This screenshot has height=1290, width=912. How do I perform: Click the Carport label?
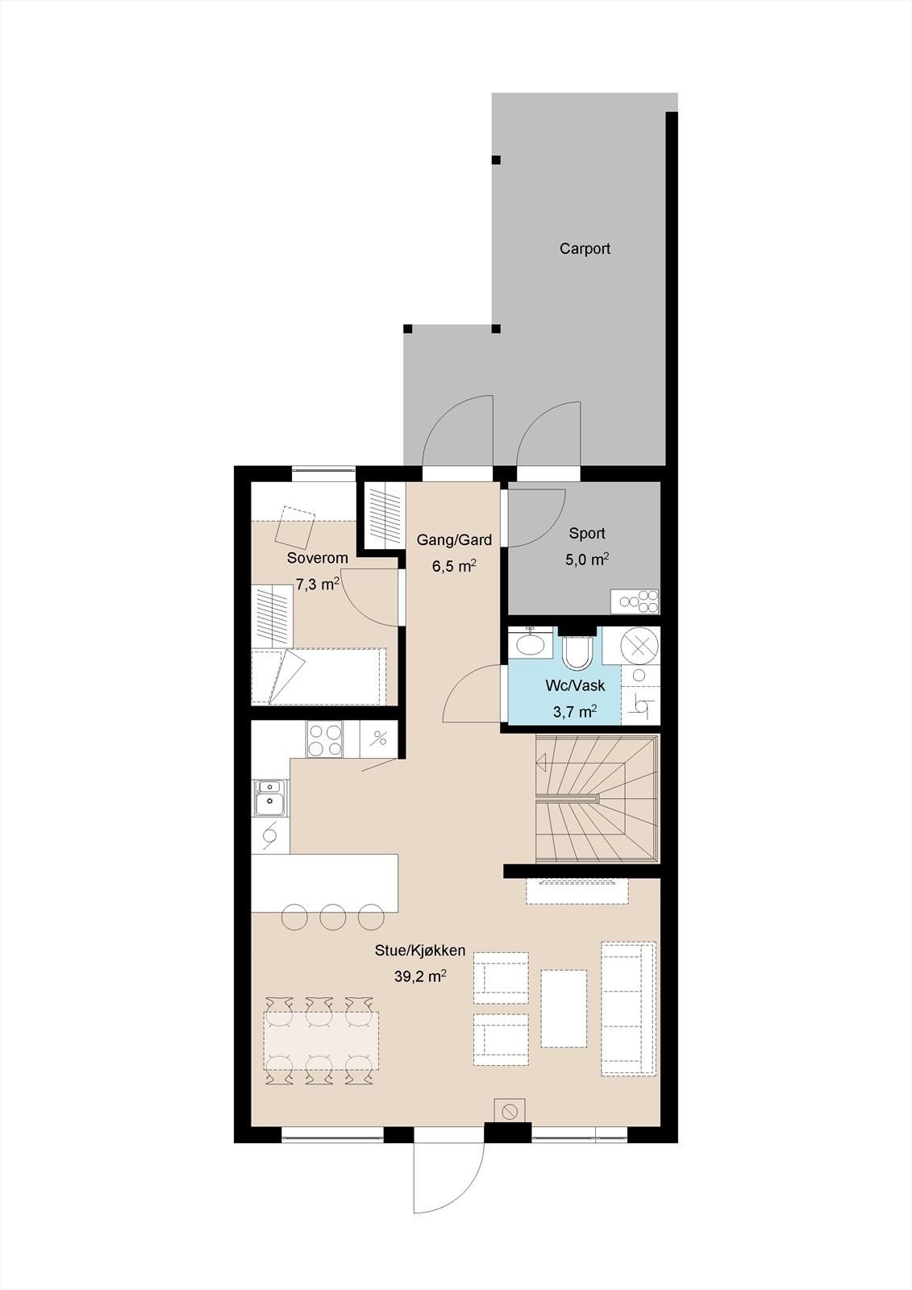pos(585,249)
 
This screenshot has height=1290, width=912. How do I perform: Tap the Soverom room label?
pos(318,558)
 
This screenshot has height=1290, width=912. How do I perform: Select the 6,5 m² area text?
pos(454,565)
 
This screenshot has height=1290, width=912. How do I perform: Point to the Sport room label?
pos(587,533)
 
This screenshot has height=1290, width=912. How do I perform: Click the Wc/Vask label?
pos(575,685)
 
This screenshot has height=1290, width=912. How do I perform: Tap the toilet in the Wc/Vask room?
pos(578,651)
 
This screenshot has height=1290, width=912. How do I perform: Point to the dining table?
pos(322,1041)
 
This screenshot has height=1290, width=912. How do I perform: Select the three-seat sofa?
pos(628,1009)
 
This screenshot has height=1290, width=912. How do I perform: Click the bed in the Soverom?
pos(319,676)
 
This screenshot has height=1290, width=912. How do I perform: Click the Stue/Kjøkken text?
pos(420,951)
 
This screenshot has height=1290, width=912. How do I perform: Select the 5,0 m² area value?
pos(587,560)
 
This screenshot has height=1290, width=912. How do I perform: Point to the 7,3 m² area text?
pos(318,585)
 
